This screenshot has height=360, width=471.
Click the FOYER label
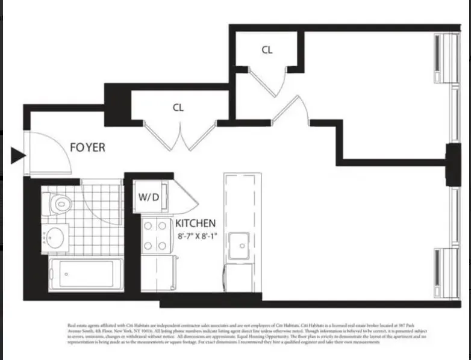coord(87,147)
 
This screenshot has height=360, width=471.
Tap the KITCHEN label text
coord(195,223)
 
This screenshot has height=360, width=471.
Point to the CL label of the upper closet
coord(267,51)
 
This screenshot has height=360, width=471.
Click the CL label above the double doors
coord(178,108)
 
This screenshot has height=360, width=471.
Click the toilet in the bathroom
coord(57,204)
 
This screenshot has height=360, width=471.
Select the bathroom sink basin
coord(56,237)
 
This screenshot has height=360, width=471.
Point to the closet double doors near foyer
coord(179,137)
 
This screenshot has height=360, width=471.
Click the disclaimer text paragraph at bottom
coord(235,334)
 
